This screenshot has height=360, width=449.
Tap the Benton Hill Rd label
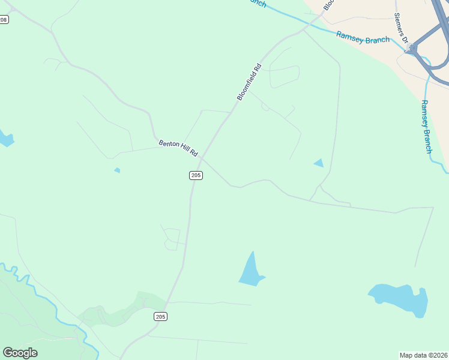point(178,148)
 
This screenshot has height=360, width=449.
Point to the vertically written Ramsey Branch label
point(426,126)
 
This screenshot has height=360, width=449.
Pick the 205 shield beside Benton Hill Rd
point(196,175)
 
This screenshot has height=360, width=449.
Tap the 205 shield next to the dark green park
point(160,316)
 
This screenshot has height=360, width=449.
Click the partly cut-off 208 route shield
point(4,20)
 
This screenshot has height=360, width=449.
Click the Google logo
point(20,353)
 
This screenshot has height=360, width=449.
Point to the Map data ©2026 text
point(423,355)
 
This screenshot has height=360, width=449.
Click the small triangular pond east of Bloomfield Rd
point(318,163)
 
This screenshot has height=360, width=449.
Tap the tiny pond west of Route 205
point(117,170)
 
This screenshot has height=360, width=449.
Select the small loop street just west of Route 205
point(172,239)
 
